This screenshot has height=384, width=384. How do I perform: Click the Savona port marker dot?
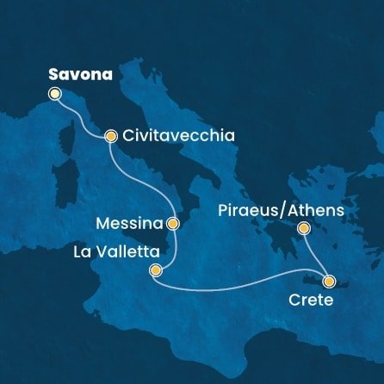coord(55,94)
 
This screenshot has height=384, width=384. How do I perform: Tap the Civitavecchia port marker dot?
coord(111,136)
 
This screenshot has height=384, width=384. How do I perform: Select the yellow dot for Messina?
coord(173,223)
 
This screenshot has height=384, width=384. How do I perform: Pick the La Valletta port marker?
coord(155,270)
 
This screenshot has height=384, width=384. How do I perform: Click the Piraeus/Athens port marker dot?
coord(303,228)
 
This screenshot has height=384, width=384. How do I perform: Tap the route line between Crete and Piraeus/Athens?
coord(315,253)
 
